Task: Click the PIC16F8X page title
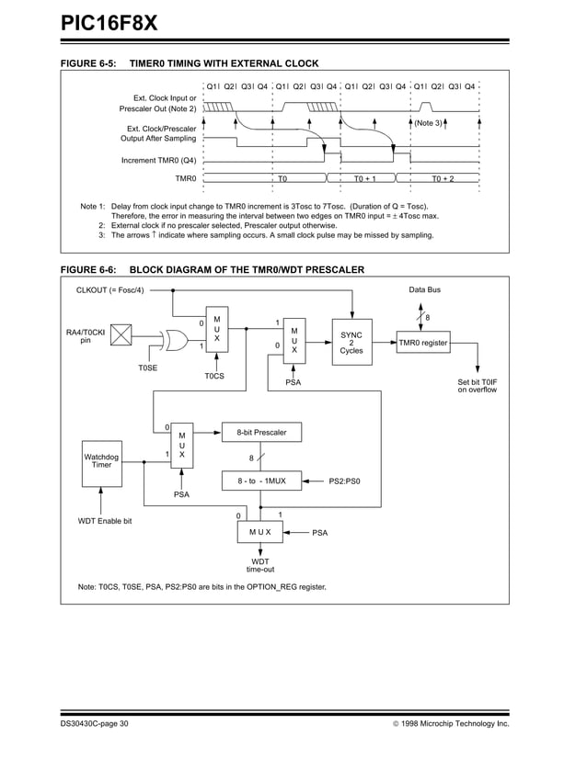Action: [109, 22]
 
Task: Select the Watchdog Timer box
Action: [101, 460]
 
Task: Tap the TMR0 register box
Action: [423, 344]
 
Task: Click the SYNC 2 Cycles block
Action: [351, 343]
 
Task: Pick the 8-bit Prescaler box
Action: [261, 432]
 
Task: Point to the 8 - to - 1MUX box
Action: [261, 481]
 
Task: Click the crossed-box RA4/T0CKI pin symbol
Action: [121, 337]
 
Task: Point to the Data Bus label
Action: [424, 289]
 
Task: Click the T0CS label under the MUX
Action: [214, 376]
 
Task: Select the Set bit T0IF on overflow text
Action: [477, 386]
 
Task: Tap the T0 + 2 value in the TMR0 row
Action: [443, 178]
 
